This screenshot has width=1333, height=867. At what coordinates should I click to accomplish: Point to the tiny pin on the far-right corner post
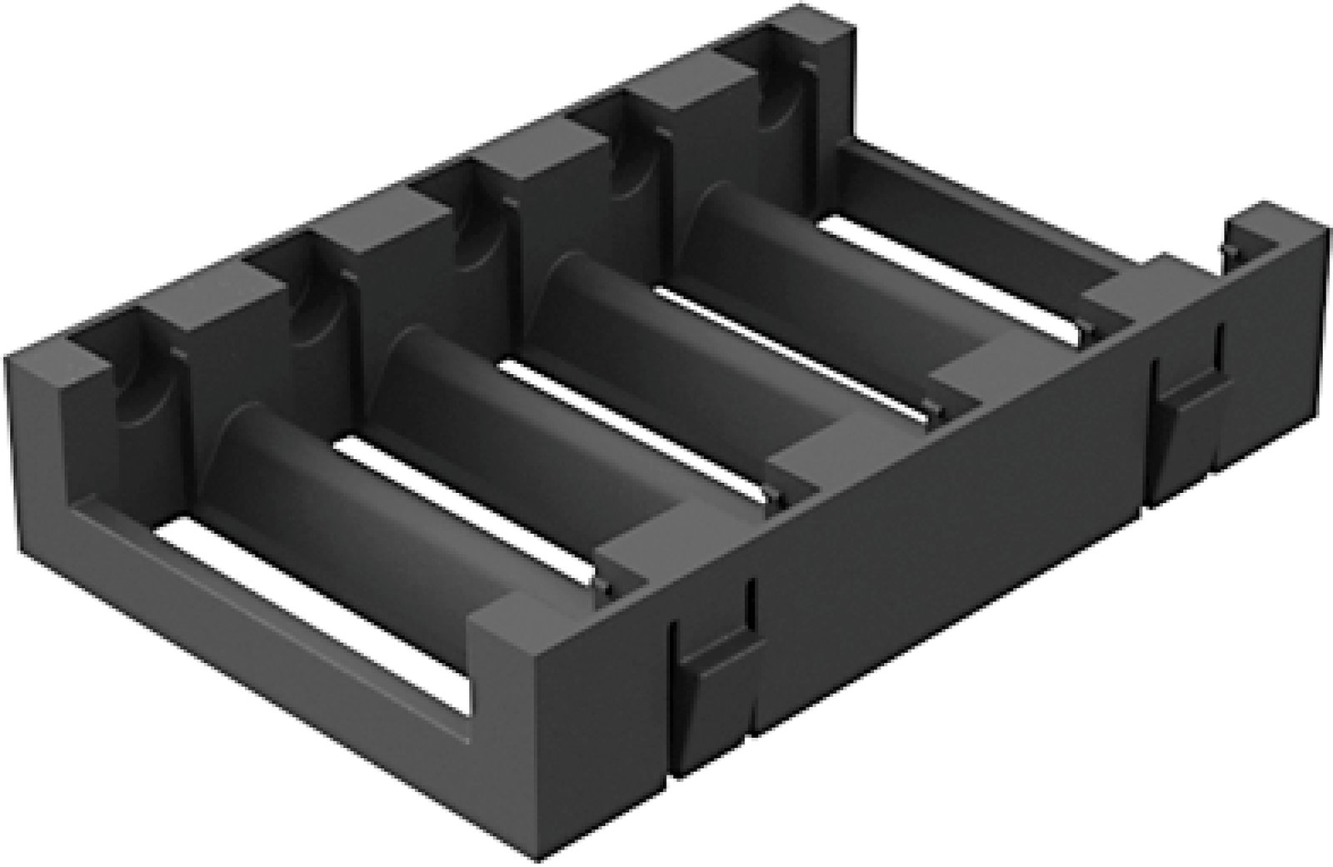(x=1225, y=250)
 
